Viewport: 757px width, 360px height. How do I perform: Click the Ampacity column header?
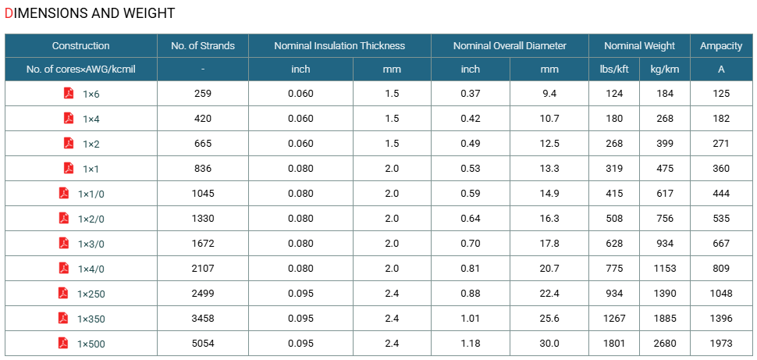721,46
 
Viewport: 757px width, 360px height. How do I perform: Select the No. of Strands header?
203,46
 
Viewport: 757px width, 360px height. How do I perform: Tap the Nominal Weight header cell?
639,46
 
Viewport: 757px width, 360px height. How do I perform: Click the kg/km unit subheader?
664,69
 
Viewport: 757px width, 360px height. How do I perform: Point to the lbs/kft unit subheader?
614,69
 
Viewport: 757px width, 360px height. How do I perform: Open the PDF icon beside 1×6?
69,93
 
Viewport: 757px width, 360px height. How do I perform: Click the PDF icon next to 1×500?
63,343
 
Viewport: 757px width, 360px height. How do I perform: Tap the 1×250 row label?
91,294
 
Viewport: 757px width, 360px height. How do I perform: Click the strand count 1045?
203,194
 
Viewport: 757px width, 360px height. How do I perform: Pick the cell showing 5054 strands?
203,344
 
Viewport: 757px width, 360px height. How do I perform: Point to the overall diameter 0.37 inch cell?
471,94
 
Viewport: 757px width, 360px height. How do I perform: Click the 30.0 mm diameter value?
549,344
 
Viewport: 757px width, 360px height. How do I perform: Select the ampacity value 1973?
721,344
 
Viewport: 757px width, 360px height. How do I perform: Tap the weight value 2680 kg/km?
665,344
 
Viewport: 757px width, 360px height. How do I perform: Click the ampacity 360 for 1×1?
721,169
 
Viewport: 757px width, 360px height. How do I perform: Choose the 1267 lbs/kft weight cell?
614,319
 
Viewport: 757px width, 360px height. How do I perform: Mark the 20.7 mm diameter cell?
549,269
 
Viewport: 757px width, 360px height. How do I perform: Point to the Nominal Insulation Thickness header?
339,46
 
